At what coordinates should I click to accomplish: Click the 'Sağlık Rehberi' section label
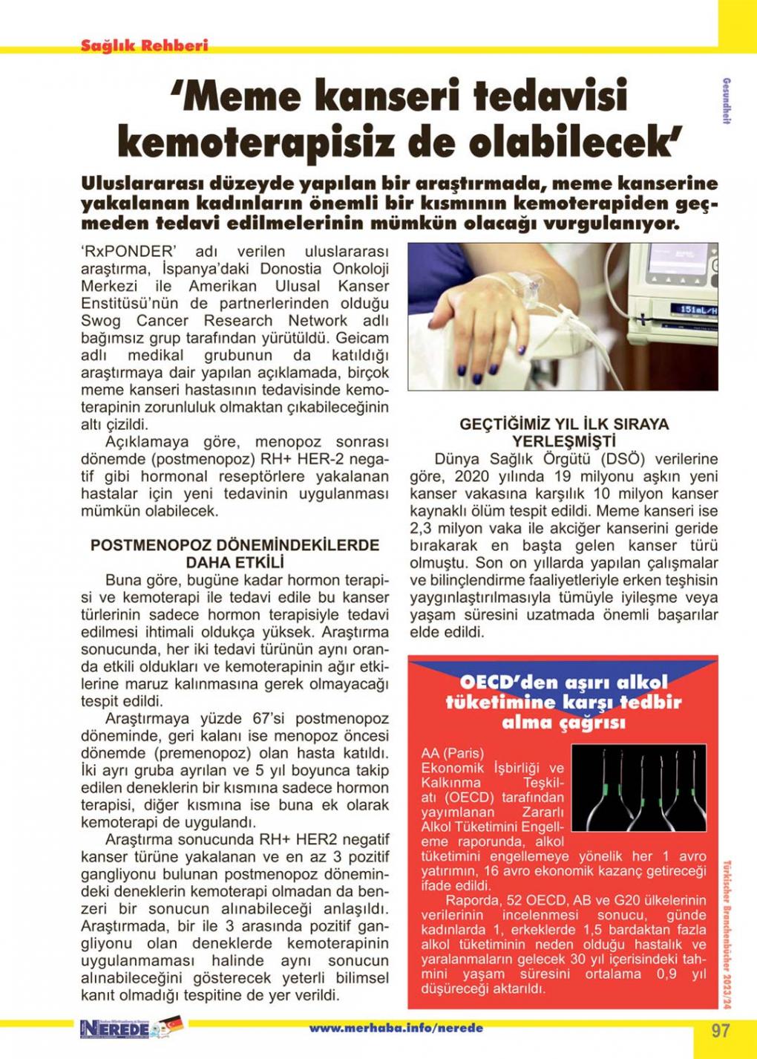[144, 45]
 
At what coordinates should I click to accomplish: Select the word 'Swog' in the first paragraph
[97, 321]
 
